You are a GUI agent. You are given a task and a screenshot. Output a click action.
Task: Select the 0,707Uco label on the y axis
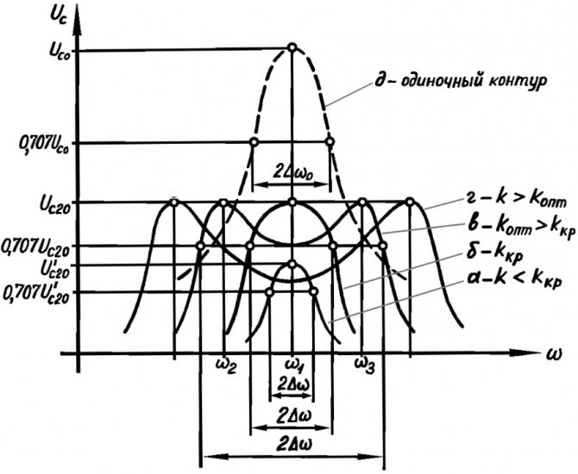pyautogui.click(x=43, y=145)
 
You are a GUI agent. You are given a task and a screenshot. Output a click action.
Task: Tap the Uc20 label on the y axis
pyautogui.click(x=53, y=204)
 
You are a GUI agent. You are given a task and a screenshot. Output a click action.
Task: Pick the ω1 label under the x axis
pyautogui.click(x=295, y=365)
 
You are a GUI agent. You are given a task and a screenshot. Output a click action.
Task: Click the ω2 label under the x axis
pyautogui.click(x=225, y=365)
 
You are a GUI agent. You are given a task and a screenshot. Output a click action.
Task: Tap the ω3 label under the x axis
pyautogui.click(x=365, y=365)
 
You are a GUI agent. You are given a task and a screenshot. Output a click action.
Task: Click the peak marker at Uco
pyautogui.click(x=292, y=47)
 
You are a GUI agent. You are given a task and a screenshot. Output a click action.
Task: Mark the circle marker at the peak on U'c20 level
pyautogui.click(x=292, y=264)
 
